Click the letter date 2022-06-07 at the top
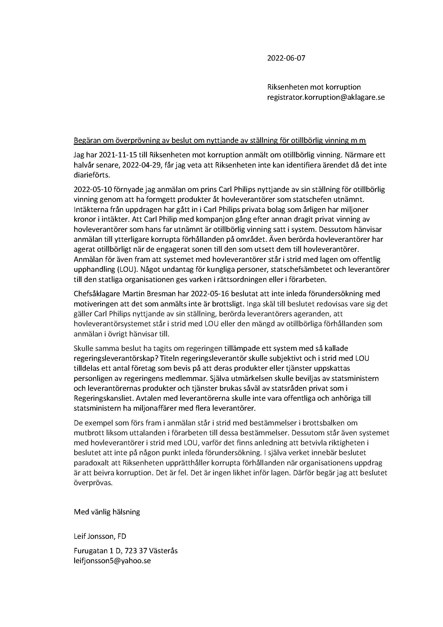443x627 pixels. tap(286, 58)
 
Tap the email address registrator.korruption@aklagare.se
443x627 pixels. tap(326, 97)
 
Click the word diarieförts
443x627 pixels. tap(92, 175)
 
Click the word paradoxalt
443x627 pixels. tap(91, 463)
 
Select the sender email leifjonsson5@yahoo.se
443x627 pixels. tap(112, 561)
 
